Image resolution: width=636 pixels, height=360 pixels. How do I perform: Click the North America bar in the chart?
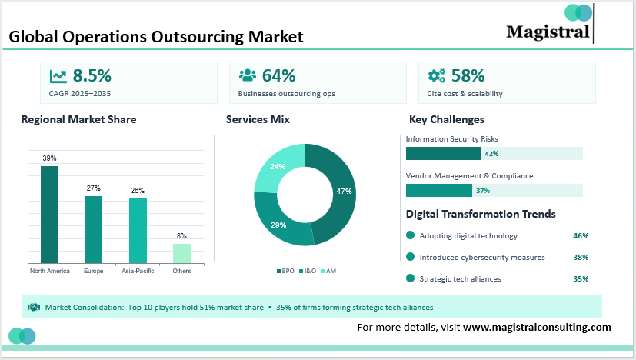tap(49, 215)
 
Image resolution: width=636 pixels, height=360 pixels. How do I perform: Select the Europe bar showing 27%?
tap(93, 229)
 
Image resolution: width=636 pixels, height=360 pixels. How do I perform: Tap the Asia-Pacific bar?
tap(138, 231)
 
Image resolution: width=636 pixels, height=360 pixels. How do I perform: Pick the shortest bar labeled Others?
tap(181, 253)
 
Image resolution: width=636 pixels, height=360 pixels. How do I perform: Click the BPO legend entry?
tap(285, 271)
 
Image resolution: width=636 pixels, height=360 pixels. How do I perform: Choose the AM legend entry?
tap(328, 271)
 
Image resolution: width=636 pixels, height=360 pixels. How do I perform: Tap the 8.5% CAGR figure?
tap(92, 75)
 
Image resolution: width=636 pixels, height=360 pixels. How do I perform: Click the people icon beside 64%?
tap(247, 75)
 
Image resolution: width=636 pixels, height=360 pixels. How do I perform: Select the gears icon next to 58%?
tap(436, 75)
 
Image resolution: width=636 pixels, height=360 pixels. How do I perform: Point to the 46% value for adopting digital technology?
tap(581, 235)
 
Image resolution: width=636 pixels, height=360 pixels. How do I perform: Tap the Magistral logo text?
tap(548, 31)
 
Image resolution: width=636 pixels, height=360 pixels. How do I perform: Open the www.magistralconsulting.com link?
tap(537, 327)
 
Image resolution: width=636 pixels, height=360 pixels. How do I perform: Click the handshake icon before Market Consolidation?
tap(34, 307)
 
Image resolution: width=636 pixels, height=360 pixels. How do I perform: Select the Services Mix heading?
tap(258, 119)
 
